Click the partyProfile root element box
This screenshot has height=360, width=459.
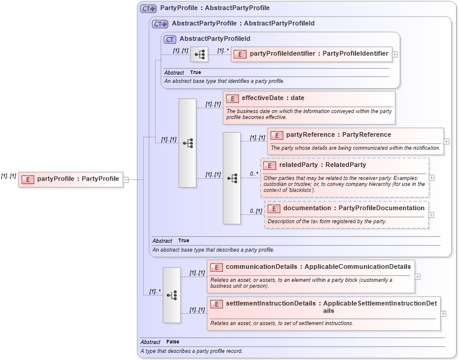(x=70, y=179)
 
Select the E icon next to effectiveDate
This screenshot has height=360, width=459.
(x=232, y=99)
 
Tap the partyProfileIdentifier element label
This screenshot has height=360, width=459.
(x=319, y=54)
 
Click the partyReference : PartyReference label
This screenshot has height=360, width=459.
(x=338, y=135)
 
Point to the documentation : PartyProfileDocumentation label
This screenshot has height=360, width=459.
(x=354, y=208)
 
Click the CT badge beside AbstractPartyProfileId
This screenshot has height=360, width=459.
(x=170, y=39)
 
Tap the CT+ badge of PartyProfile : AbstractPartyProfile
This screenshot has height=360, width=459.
(x=148, y=8)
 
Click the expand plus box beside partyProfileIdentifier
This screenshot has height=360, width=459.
(x=395, y=54)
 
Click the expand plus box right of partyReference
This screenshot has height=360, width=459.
(x=446, y=142)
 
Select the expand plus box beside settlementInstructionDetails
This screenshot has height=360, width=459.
(x=443, y=314)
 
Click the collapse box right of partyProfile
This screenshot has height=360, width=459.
(x=125, y=179)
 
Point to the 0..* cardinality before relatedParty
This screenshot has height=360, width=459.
(x=254, y=174)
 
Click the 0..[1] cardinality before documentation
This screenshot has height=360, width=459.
(x=256, y=211)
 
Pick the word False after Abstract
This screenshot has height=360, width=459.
(x=173, y=342)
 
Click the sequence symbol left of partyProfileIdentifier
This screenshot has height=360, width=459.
(x=199, y=54)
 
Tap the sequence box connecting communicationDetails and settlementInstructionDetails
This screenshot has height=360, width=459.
(x=172, y=295)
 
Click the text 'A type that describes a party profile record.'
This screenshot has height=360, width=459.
(x=191, y=351)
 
